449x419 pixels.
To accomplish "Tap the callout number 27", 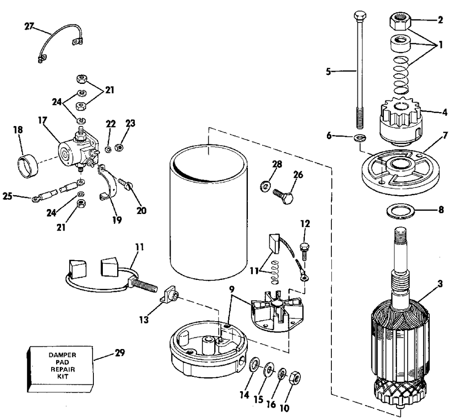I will tap(29, 26).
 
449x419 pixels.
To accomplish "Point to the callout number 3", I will tap(440, 284).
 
